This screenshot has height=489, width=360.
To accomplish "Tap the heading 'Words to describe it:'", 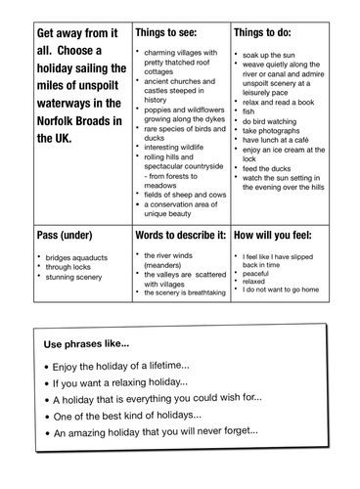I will [x=179, y=236].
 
